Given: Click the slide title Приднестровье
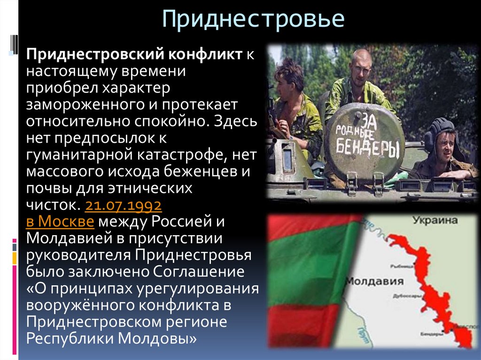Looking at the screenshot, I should click(253, 20).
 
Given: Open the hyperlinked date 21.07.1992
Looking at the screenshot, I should click(124, 206).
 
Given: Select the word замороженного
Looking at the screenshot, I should click(75, 104).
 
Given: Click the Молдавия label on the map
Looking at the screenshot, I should click(374, 281).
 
